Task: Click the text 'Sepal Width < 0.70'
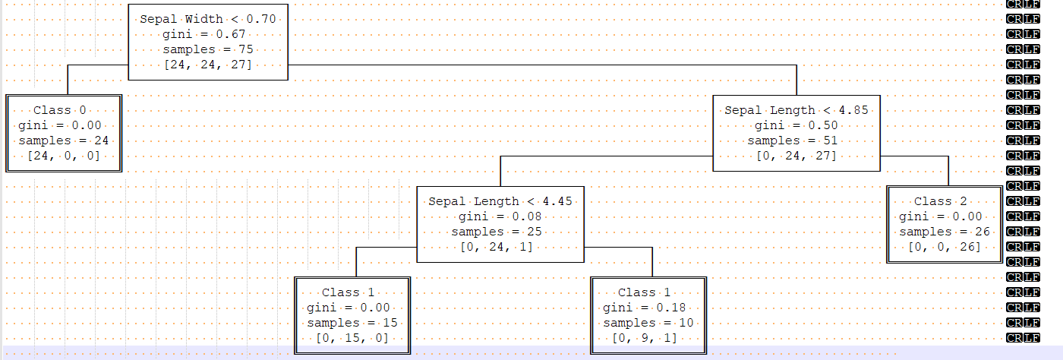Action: point(208,19)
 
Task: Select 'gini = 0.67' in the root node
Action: point(208,34)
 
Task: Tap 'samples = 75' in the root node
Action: point(208,49)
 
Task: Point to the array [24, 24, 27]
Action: point(208,65)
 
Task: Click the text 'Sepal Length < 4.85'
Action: point(796,110)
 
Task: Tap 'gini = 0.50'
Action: point(796,125)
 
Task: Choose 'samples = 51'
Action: point(796,141)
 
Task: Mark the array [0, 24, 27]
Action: point(796,156)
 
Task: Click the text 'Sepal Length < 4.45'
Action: point(500,201)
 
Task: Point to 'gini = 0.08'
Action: point(500,216)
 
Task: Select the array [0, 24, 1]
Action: point(500,247)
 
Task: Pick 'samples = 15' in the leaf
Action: point(352,323)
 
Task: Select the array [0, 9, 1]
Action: point(648,338)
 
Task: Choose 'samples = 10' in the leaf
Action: point(648,323)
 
